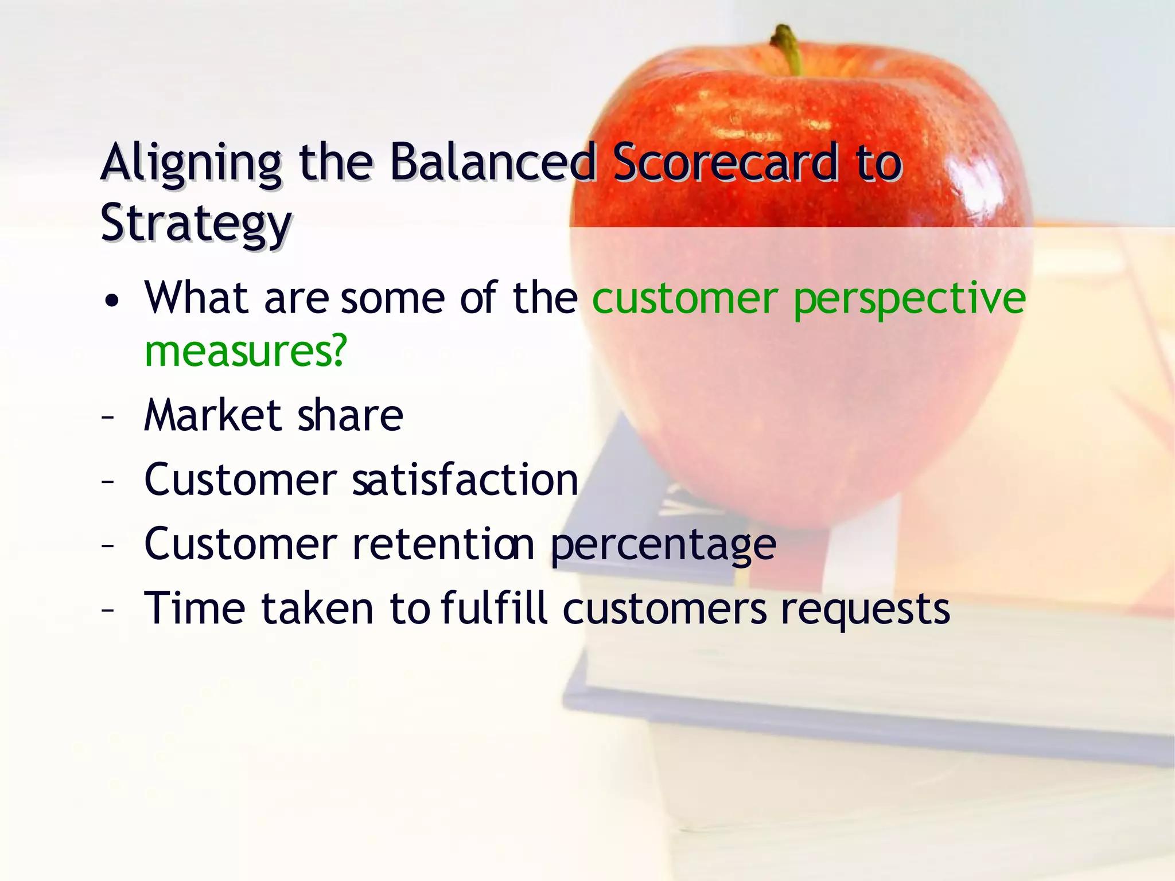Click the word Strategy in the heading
coord(196,224)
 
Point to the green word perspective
coord(909,299)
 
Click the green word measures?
coord(246,351)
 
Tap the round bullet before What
coord(112,301)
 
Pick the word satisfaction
coord(465,480)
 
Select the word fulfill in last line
coord(495,608)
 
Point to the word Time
coord(195,608)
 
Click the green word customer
coord(685,299)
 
